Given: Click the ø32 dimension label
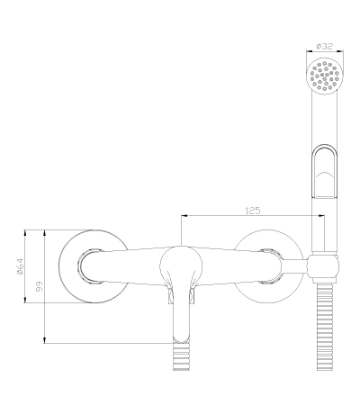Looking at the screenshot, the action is pyautogui.click(x=325, y=46).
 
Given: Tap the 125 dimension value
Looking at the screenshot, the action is pyautogui.click(x=253, y=211).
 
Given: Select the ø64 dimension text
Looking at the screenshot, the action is pyautogui.click(x=20, y=266).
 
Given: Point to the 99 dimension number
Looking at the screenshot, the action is pyautogui.click(x=40, y=286).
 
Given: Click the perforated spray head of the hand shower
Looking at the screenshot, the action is pyautogui.click(x=324, y=76).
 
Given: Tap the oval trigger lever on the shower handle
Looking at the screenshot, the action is pyautogui.click(x=324, y=172).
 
